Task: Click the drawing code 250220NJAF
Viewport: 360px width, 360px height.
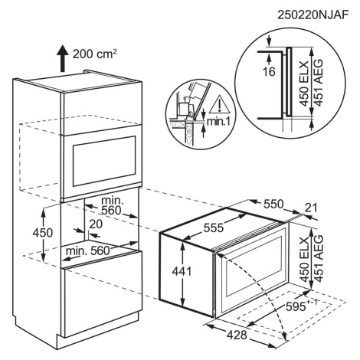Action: click(313, 15)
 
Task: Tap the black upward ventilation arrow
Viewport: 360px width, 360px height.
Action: click(62, 57)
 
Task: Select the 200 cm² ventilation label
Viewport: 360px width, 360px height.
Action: click(95, 54)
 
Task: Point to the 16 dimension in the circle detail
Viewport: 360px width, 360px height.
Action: click(269, 72)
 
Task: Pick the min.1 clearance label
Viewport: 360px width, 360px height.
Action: click(218, 122)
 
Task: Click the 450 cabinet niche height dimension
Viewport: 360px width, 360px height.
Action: click(43, 233)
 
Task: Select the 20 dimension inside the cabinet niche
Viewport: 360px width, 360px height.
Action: click(96, 224)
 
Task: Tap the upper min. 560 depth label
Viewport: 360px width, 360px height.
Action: click(111, 205)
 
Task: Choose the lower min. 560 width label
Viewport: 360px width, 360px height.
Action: click(87, 250)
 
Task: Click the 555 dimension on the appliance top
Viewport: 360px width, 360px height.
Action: click(214, 227)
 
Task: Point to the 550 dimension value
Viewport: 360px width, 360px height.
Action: click(273, 204)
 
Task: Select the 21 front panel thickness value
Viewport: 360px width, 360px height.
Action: click(310, 208)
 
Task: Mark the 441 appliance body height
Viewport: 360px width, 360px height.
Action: click(182, 271)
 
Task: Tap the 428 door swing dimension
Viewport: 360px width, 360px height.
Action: click(237, 335)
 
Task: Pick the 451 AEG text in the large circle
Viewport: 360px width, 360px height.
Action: click(318, 82)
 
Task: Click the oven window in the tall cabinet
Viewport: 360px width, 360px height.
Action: click(104, 161)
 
